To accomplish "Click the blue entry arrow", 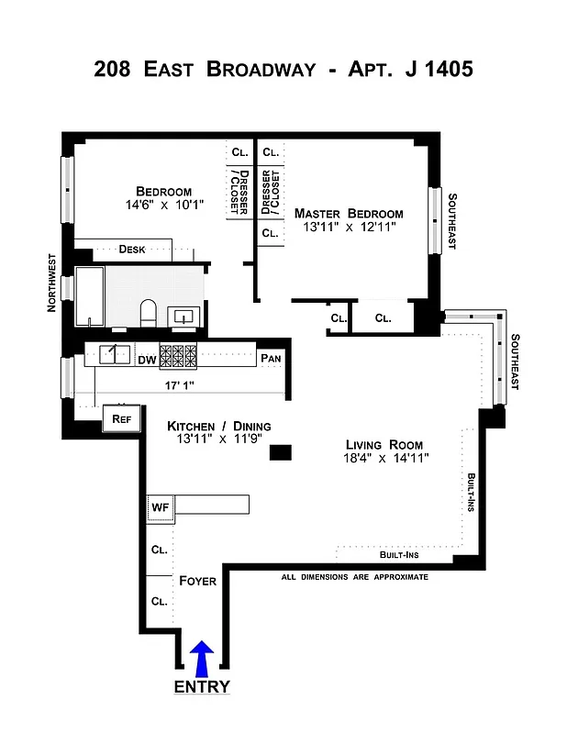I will [202, 659].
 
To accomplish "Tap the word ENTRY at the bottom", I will [202, 687].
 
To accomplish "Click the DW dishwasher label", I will [147, 360].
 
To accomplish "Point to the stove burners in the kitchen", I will [178, 356].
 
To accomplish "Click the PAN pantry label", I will [270, 359].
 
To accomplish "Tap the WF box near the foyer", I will [160, 506].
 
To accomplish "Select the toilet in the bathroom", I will [148, 313].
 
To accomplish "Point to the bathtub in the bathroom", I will [91, 296].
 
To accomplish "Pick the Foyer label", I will [197, 581].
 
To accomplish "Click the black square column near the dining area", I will [282, 451].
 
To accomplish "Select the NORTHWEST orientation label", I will [52, 283].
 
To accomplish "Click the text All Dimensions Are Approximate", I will [355, 577].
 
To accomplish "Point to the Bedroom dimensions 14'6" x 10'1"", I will [164, 206].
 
